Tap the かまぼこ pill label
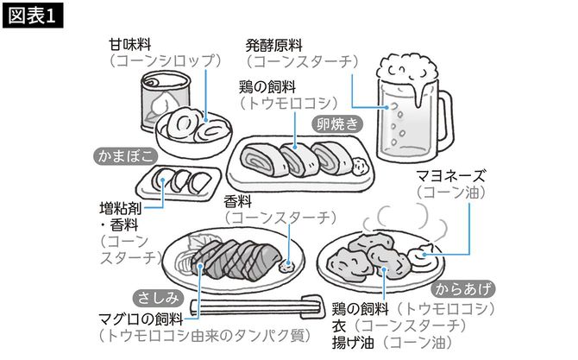[125, 156]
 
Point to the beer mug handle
[441, 121]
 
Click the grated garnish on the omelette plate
[361, 157]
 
